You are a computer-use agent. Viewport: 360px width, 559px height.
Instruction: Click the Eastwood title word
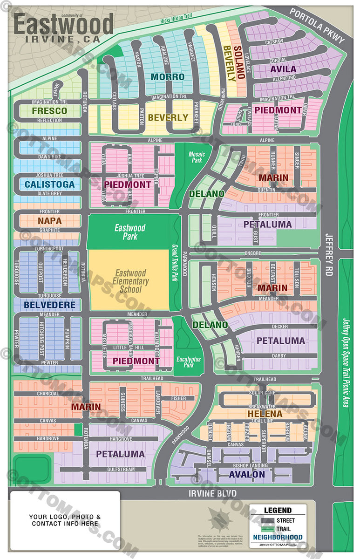64,24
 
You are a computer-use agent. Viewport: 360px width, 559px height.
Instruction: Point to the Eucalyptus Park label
188,362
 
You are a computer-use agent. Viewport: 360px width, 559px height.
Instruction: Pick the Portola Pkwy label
317,26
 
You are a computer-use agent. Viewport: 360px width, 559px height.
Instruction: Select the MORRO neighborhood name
168,77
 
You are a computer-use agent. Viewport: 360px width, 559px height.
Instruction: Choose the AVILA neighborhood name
283,69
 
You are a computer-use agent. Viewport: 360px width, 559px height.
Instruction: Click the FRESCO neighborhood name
49,111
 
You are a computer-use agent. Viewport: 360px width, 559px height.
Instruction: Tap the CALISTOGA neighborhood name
49,184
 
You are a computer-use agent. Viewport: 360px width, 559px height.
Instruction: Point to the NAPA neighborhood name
49,221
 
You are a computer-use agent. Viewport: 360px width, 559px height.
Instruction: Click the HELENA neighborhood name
265,414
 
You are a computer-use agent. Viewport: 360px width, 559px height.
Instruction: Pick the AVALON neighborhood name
247,475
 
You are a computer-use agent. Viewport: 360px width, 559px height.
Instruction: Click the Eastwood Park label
130,232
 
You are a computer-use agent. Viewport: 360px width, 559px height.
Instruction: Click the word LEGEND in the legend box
278,511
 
